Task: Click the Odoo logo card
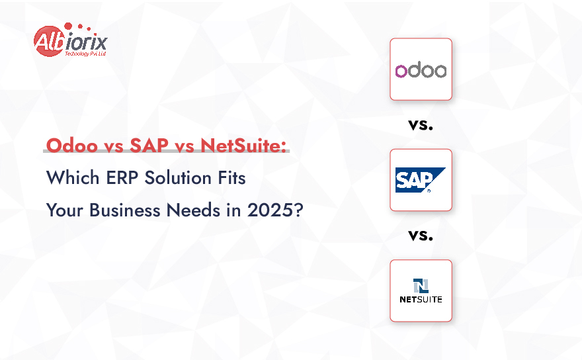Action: (x=421, y=69)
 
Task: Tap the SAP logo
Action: (x=420, y=179)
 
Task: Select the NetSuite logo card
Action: (x=421, y=291)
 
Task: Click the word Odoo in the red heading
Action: (x=69, y=146)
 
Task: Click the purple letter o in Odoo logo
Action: (x=401, y=71)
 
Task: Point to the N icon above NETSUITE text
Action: (x=421, y=285)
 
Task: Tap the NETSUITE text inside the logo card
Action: (x=421, y=299)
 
